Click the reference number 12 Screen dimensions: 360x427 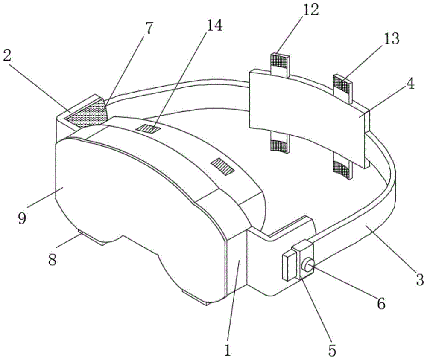pos(310,11)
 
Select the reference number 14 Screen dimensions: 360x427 pos(214,26)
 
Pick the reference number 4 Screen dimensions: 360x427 pos(409,84)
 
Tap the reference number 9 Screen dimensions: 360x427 pos(22,218)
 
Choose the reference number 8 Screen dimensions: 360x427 pos(52,259)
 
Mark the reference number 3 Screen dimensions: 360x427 pos(419,280)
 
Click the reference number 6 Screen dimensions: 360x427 pos(381,303)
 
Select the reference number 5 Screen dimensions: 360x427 pos(332,350)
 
